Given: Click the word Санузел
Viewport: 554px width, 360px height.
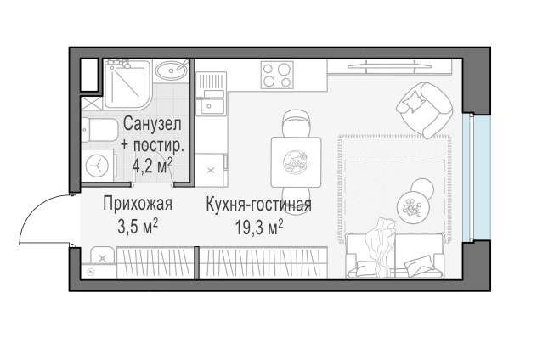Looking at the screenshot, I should [x=151, y=124].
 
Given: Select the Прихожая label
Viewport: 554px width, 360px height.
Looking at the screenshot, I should [x=138, y=204].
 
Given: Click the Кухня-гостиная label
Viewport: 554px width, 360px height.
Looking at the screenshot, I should [x=258, y=204].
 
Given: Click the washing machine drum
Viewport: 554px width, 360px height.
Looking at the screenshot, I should [x=99, y=163].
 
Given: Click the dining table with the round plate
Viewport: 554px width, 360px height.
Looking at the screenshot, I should [x=295, y=160].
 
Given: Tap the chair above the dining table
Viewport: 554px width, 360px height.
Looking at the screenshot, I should [x=295, y=124].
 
